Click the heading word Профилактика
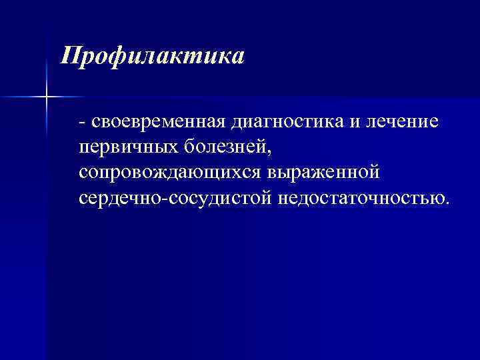(x=152, y=55)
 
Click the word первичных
(x=124, y=148)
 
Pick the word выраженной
(x=323, y=173)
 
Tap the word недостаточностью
(x=357, y=198)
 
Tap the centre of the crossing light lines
(x=47, y=98)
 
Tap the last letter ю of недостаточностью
(x=436, y=199)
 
